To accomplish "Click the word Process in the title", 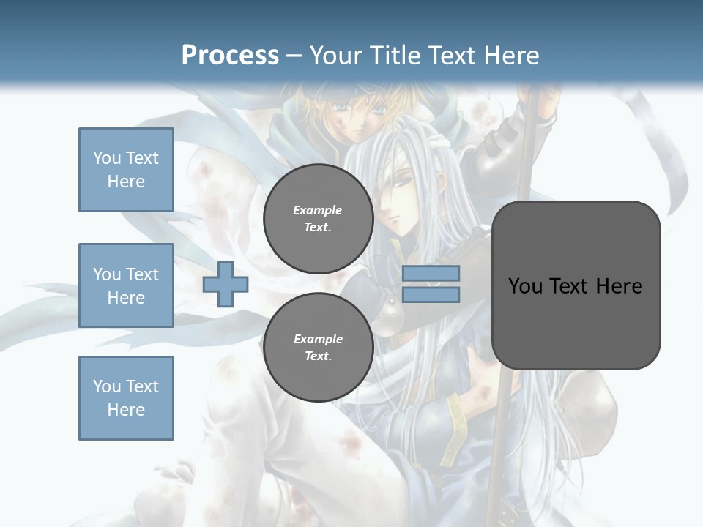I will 230,55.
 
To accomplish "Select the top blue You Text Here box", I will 126,170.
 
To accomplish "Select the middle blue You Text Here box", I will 126,285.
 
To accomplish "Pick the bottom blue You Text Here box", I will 126,398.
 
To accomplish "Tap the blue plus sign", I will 226,285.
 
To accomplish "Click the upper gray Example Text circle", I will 319,218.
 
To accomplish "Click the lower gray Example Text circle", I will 319,347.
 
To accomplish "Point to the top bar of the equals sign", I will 431,274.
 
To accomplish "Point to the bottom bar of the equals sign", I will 431,295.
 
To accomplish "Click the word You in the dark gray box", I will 525,285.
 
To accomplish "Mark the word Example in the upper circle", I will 318,210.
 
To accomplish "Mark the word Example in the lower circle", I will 318,339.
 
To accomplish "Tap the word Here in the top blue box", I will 126,182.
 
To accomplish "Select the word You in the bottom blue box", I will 106,386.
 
